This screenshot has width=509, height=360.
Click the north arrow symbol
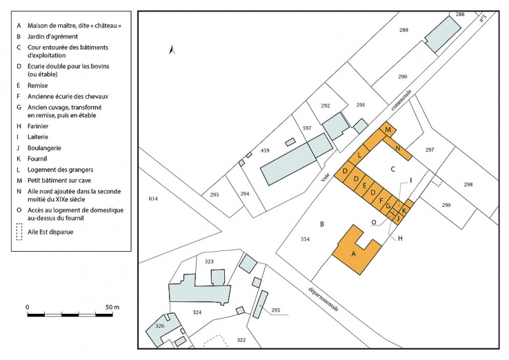pos(172,50)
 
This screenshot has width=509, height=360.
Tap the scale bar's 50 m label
pos(112,307)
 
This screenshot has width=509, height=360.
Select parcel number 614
pos(153,199)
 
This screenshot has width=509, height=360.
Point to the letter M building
pos(388,130)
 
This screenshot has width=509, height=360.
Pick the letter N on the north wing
pos(398,148)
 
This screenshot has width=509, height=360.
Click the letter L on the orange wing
pos(359,155)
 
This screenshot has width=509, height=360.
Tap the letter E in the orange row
pos(364,186)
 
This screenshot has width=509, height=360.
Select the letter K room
pos(404,211)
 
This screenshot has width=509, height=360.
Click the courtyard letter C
pos(393,169)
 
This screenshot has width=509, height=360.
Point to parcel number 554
pos(305,239)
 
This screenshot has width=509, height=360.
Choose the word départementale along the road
pos(323,299)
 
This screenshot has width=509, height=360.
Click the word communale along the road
pos(401,100)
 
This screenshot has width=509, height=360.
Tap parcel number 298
pos(468,184)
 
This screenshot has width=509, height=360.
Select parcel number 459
pos(265,150)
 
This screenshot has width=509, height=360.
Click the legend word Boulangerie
pos(44,148)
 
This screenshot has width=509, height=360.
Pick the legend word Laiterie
pos(38,137)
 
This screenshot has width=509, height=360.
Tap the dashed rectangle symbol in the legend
pos(19,232)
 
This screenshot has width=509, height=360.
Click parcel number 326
pos(159,326)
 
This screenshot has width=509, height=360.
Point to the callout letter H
pos(400,239)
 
